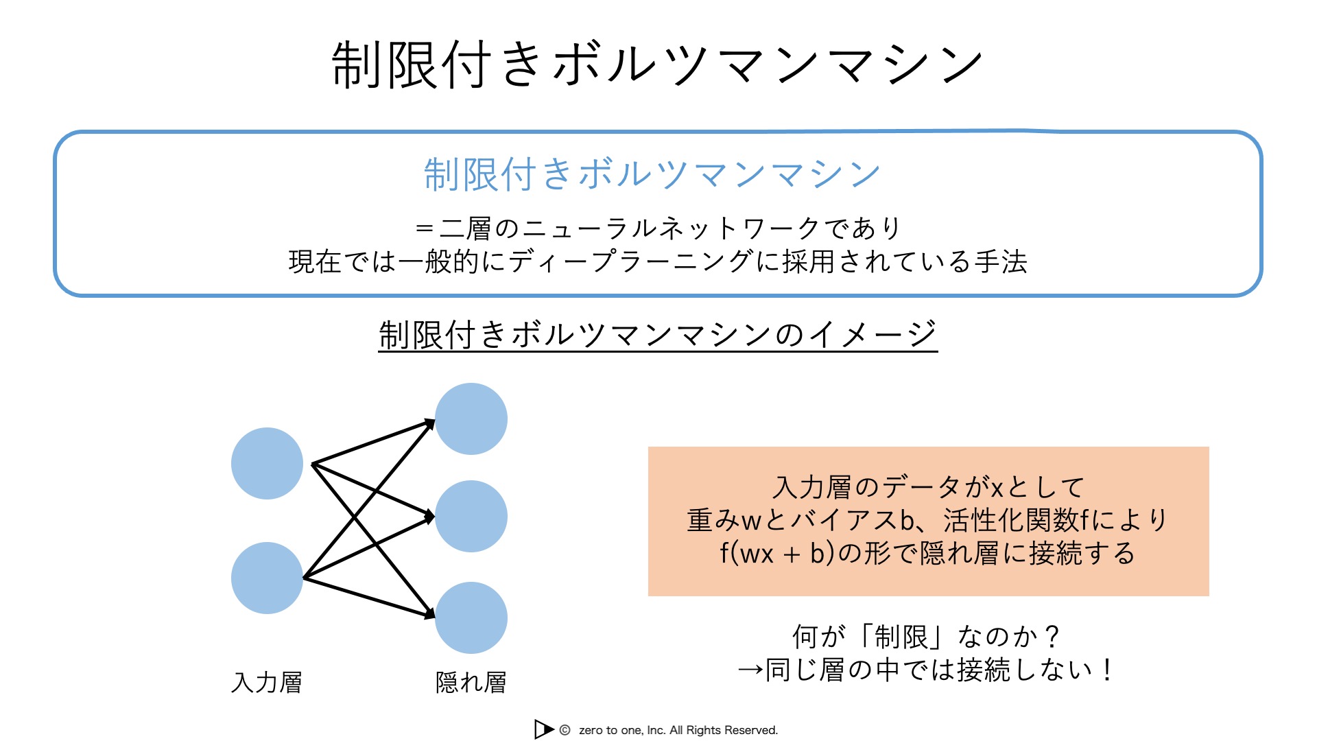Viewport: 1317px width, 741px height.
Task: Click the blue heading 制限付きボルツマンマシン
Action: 652,174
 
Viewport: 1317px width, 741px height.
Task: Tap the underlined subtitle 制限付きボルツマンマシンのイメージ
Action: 658,335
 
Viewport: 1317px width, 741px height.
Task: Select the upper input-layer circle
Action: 267,463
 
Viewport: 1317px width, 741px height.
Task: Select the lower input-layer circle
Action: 267,578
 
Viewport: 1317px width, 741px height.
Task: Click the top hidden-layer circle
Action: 471,419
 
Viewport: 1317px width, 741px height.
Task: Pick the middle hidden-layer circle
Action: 471,516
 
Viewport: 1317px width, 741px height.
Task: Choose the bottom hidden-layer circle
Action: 471,617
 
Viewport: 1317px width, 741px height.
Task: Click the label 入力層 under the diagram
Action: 267,682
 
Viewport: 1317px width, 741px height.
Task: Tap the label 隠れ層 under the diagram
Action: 471,682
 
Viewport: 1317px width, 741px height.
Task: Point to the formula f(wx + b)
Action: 777,553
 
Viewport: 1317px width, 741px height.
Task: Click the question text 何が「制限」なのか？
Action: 926,636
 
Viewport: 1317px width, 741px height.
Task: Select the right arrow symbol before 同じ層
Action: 750,670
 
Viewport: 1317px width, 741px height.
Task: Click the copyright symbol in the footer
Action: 565,730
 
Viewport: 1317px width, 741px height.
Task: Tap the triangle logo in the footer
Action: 544,729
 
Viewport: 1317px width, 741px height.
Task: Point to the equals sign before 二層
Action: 425,228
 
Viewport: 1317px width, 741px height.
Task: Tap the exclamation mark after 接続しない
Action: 1106,669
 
